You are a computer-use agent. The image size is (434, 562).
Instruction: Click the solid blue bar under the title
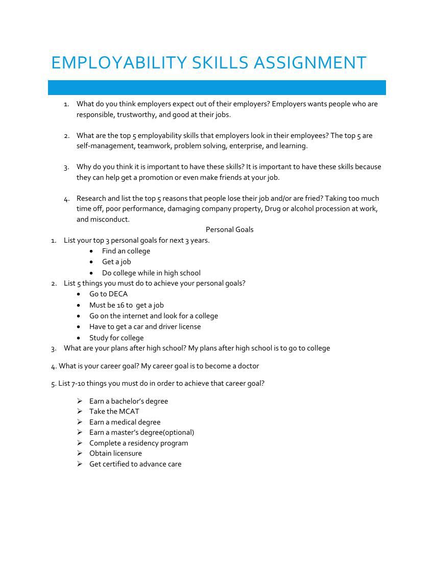click(216, 87)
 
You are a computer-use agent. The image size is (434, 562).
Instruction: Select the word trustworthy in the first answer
click(136, 114)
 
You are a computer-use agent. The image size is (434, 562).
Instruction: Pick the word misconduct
click(110, 219)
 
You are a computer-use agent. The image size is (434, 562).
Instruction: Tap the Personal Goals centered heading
click(229, 229)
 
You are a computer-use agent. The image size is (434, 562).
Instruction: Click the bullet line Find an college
click(126, 251)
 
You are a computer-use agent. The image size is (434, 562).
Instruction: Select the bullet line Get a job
click(116, 262)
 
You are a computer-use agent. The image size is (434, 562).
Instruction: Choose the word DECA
click(118, 294)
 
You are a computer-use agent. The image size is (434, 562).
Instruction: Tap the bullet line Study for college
click(116, 338)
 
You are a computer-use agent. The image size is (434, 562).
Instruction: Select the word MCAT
click(129, 411)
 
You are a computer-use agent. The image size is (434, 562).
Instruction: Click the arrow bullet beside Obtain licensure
click(80, 453)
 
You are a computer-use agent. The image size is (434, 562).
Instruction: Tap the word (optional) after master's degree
click(178, 432)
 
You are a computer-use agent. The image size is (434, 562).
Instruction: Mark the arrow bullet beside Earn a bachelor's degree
click(80, 401)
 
